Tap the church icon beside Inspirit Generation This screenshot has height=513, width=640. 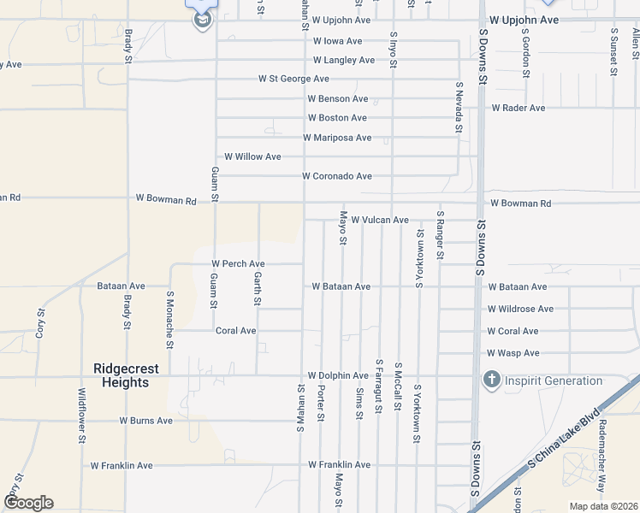coord(491,380)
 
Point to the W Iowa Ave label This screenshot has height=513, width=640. coord(337,41)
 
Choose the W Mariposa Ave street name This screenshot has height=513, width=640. coord(337,138)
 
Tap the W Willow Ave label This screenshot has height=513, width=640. coord(252,156)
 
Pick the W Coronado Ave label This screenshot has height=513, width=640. coord(337,176)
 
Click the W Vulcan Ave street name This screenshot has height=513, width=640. coord(380,220)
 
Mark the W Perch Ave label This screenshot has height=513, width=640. coord(239,263)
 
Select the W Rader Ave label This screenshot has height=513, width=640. coord(519,109)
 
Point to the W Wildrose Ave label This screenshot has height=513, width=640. coord(520,309)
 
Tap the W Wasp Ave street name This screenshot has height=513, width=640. coord(513,353)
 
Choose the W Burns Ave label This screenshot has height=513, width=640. coord(145,421)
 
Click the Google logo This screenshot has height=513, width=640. coord(27,503)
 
